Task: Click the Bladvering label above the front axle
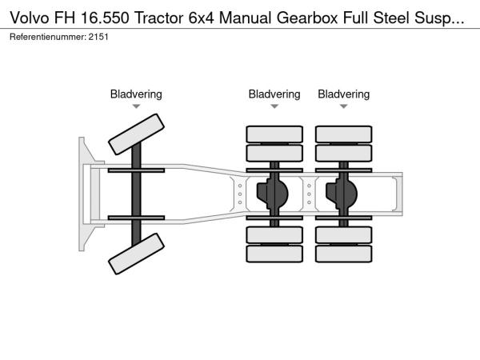coord(136,94)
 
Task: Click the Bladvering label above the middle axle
coord(274,94)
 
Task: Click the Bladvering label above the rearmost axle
coord(344,94)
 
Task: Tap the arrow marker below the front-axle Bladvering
coord(136,106)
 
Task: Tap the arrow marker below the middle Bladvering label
coord(274,106)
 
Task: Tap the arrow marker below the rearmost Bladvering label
coord(344,106)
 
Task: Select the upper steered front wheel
coord(136,134)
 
